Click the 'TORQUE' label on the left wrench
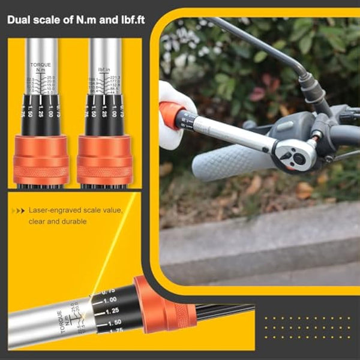(x=41, y=63)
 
